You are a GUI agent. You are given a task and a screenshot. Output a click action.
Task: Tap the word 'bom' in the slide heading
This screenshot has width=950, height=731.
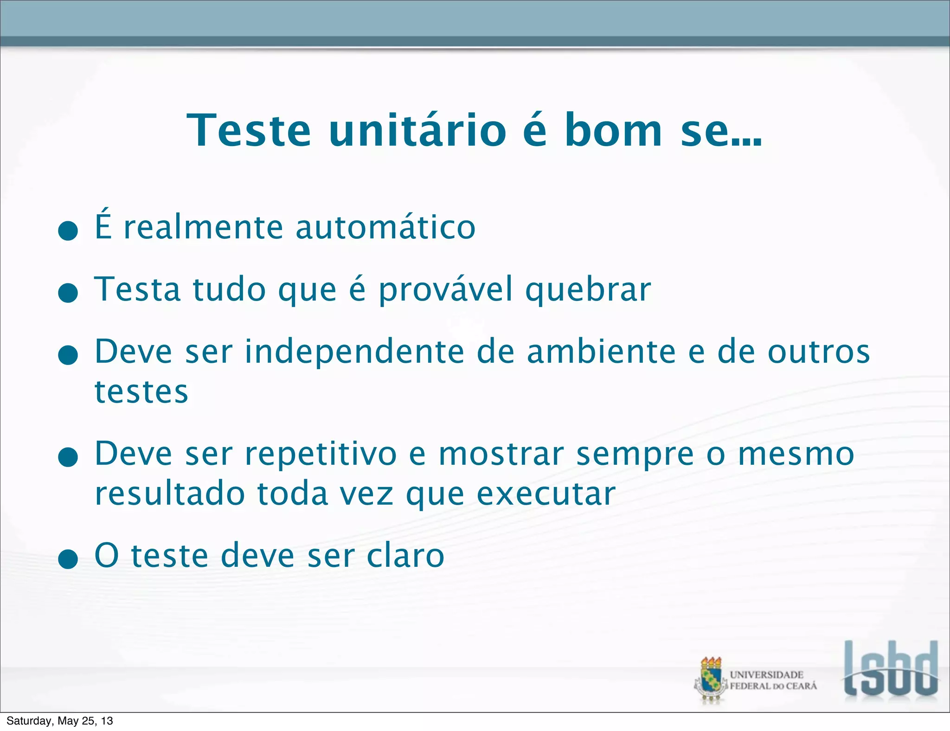(x=613, y=131)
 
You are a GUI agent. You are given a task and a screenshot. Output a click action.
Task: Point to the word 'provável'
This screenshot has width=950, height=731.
(x=446, y=290)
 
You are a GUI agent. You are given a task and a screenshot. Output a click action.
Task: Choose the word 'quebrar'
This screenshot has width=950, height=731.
(x=588, y=290)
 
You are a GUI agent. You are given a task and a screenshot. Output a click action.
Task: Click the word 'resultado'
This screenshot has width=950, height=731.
(x=170, y=494)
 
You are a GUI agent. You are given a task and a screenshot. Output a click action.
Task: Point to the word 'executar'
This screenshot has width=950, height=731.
(x=546, y=494)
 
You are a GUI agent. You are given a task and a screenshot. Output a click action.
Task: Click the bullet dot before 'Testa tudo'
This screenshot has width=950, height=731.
(x=68, y=293)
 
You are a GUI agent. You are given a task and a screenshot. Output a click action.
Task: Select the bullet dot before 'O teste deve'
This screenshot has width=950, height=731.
(x=68, y=559)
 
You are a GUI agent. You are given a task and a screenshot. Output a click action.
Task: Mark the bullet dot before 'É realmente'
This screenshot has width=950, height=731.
(x=68, y=231)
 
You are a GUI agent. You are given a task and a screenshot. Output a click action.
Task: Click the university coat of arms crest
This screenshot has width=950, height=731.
(x=711, y=680)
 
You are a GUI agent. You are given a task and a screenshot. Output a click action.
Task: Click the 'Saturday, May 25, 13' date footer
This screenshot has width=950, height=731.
(x=59, y=721)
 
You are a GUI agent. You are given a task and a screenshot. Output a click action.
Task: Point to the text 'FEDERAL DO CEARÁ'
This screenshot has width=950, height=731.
(x=773, y=686)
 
